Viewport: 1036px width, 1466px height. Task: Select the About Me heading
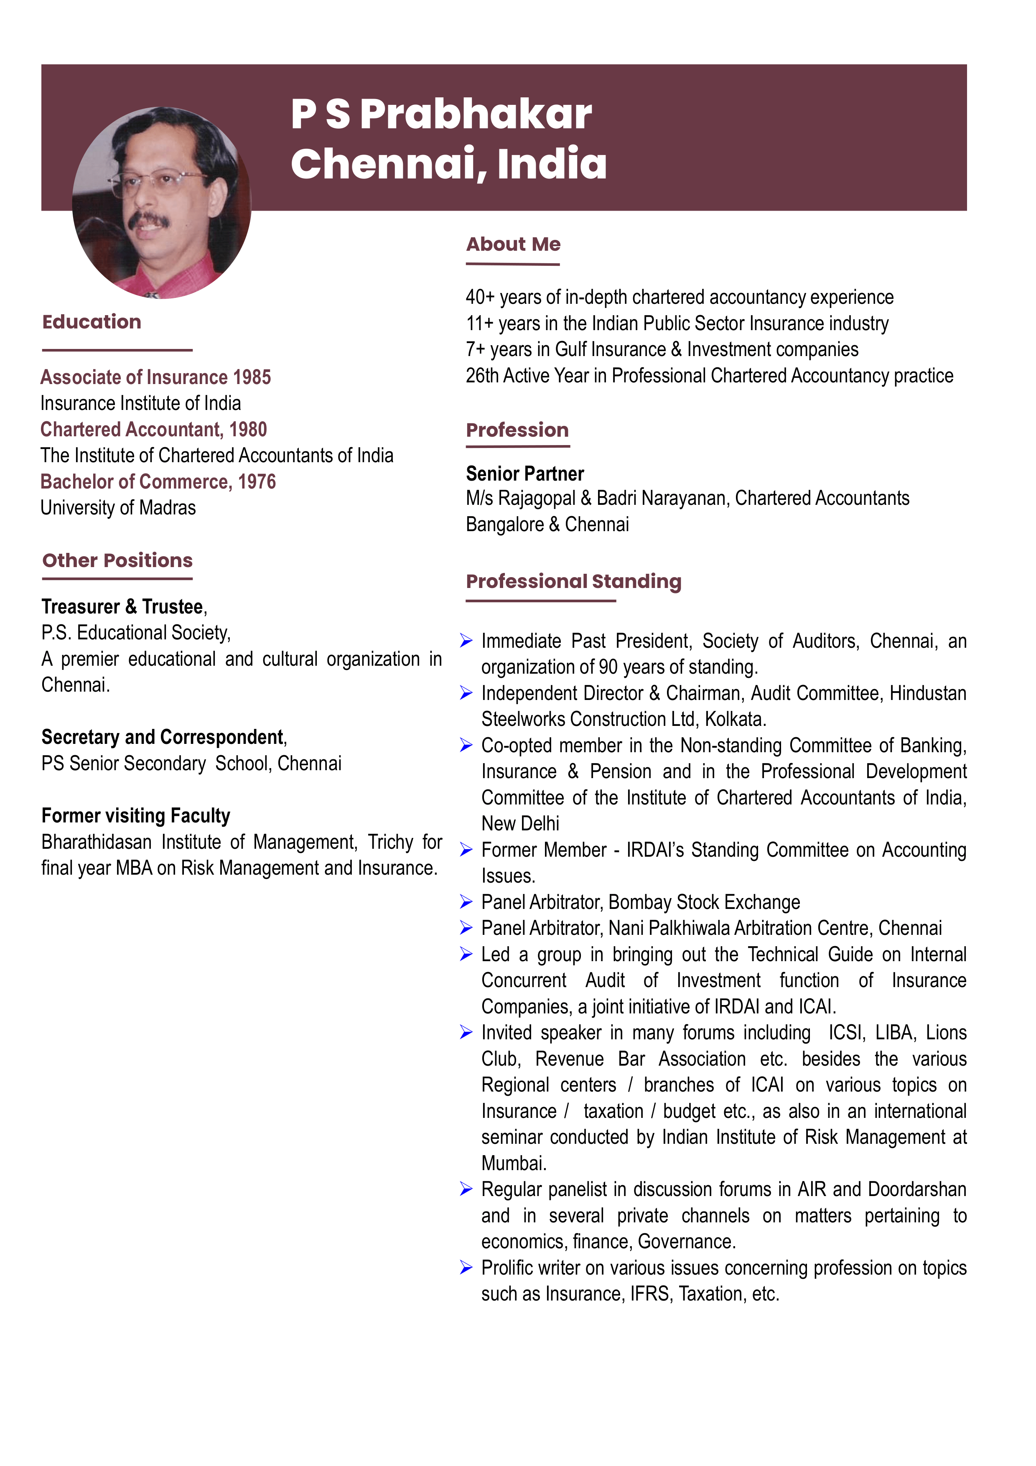tap(513, 244)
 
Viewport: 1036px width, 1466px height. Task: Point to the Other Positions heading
tap(117, 560)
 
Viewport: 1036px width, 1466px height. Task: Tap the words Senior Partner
tap(525, 474)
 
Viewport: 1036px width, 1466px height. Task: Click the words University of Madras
tap(118, 508)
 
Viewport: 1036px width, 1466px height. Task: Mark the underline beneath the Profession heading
tap(518, 445)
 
